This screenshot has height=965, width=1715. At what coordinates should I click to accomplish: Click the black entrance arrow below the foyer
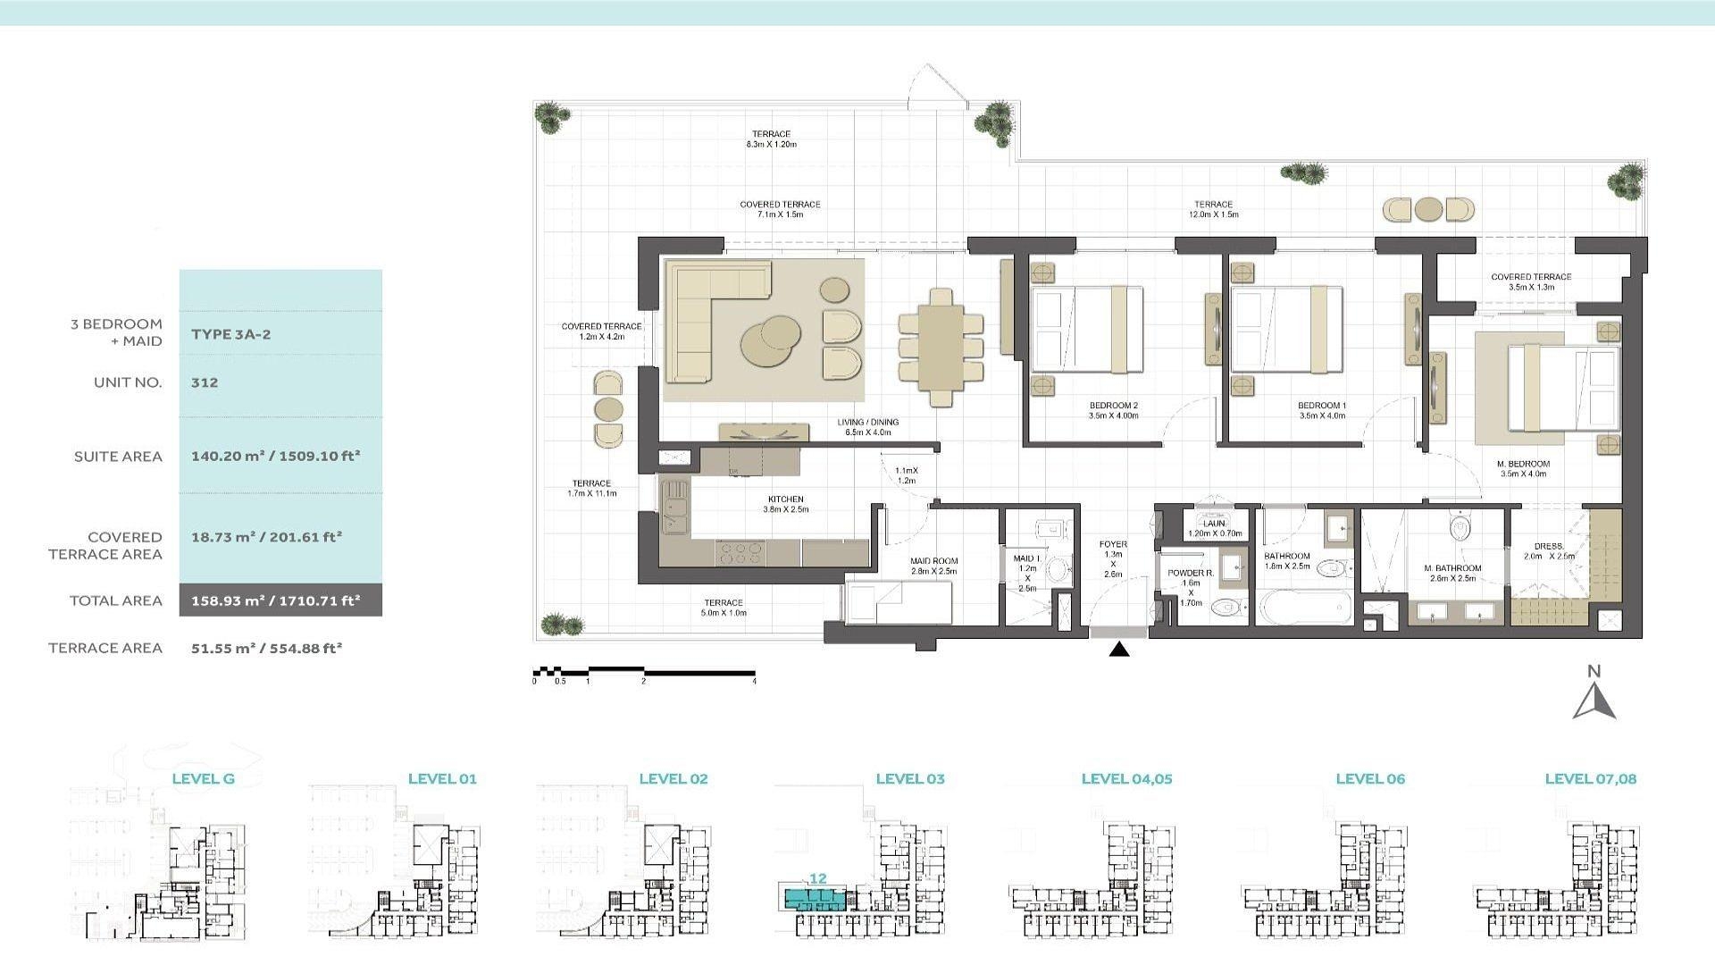(x=1119, y=650)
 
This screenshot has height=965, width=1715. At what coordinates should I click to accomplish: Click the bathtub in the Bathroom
(x=1305, y=608)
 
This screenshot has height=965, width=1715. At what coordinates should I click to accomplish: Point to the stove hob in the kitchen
(x=741, y=553)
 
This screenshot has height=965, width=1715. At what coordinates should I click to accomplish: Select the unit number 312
(x=205, y=382)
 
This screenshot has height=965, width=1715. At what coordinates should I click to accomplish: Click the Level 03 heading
(x=909, y=778)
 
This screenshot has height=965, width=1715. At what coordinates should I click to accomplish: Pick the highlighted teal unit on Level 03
(x=813, y=898)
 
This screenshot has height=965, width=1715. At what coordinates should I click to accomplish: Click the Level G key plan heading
(x=203, y=778)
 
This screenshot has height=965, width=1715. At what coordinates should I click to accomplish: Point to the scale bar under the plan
(x=644, y=672)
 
